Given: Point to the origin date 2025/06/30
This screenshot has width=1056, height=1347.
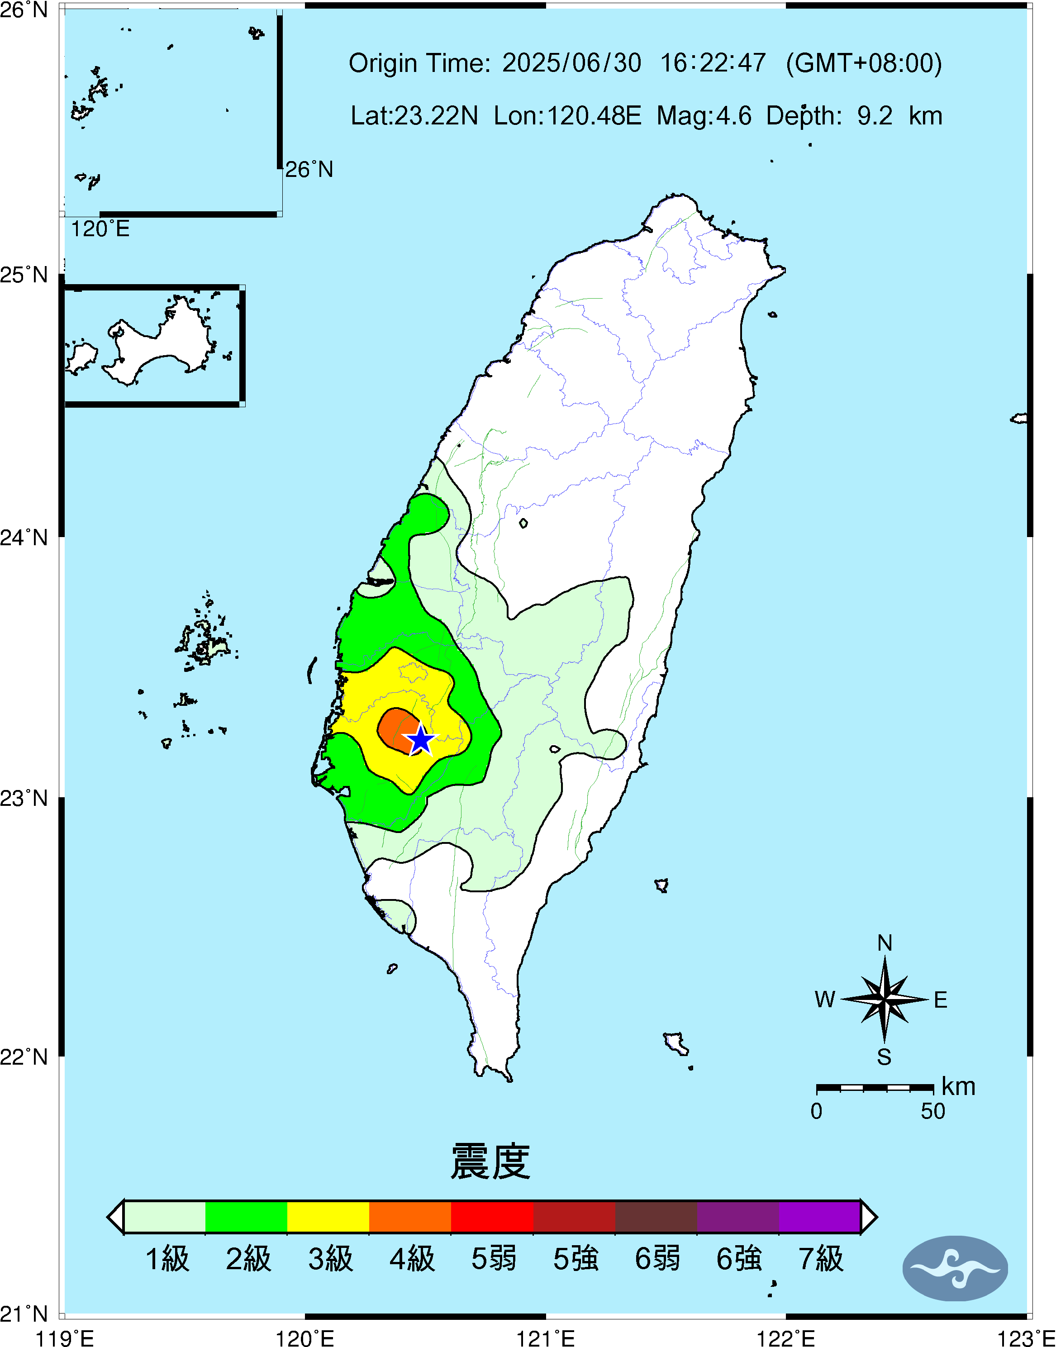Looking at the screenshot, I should coord(571,63).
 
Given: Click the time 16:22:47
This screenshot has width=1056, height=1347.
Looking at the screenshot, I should coord(713,63).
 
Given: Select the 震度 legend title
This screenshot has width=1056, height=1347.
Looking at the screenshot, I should coord(490,1161).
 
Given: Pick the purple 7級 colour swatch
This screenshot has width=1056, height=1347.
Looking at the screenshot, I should coord(819,1217).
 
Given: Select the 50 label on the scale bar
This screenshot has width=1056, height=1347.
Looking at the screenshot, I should coord(933,1111).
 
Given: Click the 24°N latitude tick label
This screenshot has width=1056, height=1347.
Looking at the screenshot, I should coord(24,537).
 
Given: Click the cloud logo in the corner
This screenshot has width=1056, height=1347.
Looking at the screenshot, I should coord(955,1268).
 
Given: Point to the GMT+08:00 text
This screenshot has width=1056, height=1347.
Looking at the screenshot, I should coord(864,63).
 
